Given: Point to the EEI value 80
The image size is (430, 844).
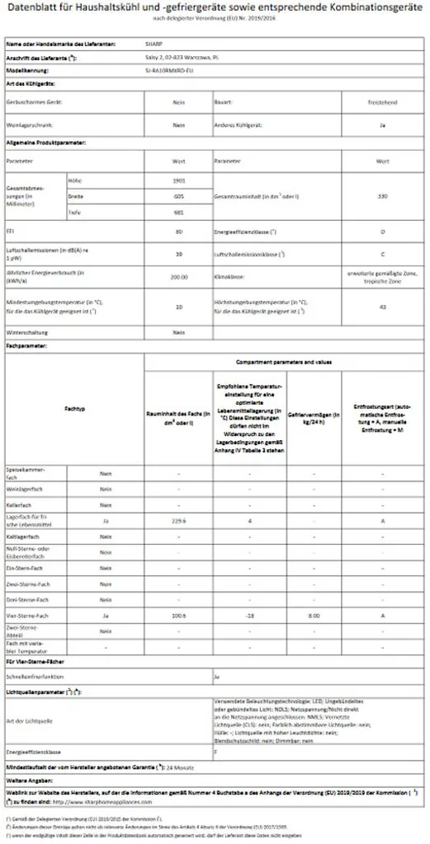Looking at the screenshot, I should pyautogui.click(x=177, y=233).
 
